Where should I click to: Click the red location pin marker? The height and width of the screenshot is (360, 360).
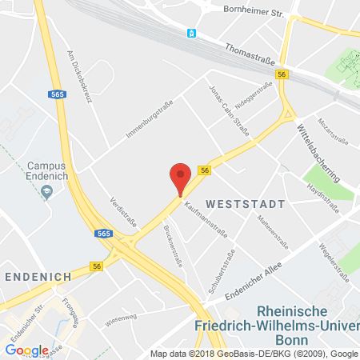[x=182, y=178]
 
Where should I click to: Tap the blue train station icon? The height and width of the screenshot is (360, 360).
[x=191, y=33]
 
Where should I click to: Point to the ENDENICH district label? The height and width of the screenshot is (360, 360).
[x=35, y=274]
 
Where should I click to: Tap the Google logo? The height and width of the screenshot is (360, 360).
[x=26, y=350]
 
